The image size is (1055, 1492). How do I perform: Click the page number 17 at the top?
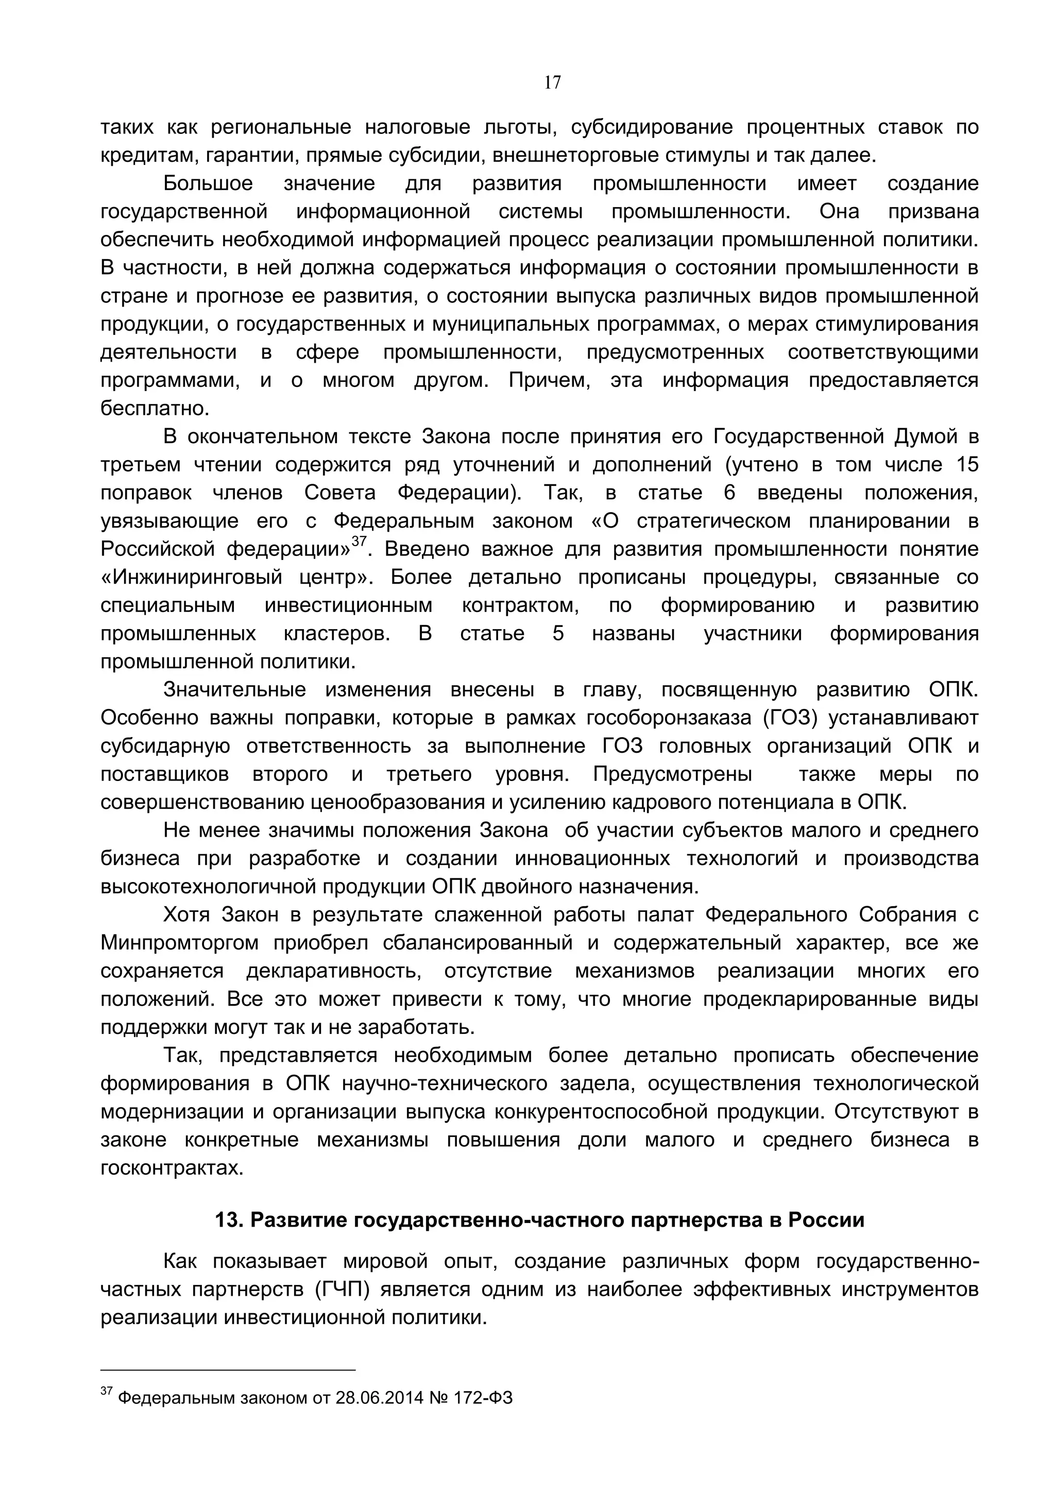click(x=552, y=82)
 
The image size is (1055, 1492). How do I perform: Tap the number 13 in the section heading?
click(x=228, y=1220)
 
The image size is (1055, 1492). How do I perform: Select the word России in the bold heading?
click(x=826, y=1220)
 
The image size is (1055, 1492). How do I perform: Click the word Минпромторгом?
click(x=179, y=943)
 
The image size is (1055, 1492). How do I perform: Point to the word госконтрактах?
click(x=172, y=1168)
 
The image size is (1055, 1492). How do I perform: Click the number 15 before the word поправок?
click(x=966, y=465)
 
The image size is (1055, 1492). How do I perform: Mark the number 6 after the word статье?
click(x=729, y=493)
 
